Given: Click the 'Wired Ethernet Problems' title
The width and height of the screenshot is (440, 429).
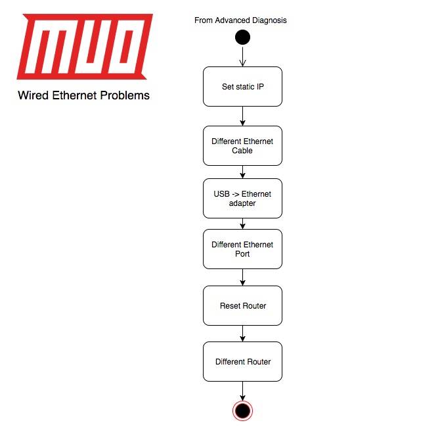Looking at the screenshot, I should (x=83, y=95).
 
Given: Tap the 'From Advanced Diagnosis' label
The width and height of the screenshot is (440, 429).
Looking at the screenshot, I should (x=240, y=20).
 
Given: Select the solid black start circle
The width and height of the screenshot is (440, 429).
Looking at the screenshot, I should (x=242, y=38).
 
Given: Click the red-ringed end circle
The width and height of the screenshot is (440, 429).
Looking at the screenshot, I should (x=242, y=411).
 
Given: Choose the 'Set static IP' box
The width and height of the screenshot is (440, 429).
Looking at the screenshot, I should (x=242, y=86).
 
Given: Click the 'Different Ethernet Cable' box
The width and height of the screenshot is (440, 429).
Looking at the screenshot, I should (x=242, y=145).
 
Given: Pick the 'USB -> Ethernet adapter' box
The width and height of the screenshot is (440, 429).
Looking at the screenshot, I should (x=242, y=198).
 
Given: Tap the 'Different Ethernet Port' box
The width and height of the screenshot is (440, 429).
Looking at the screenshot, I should (x=242, y=249).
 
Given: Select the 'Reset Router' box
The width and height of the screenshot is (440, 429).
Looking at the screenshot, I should (x=242, y=305).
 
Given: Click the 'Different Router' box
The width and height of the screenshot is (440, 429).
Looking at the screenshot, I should (x=242, y=361).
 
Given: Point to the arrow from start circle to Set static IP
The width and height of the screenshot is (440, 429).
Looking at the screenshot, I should (x=242, y=56).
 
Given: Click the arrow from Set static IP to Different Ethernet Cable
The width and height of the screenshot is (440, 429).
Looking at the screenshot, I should (x=242, y=116).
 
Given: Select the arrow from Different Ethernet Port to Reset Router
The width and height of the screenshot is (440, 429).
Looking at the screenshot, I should (x=242, y=277).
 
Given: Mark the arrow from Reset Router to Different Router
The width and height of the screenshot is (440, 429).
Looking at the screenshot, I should (x=242, y=333).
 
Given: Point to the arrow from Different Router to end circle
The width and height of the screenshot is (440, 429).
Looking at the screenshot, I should (x=242, y=390).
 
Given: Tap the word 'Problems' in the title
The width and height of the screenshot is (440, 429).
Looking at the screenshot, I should (x=125, y=95).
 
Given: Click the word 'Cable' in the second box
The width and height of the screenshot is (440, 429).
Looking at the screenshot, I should (x=242, y=151).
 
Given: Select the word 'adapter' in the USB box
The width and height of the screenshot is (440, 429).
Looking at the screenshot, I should (x=242, y=203).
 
